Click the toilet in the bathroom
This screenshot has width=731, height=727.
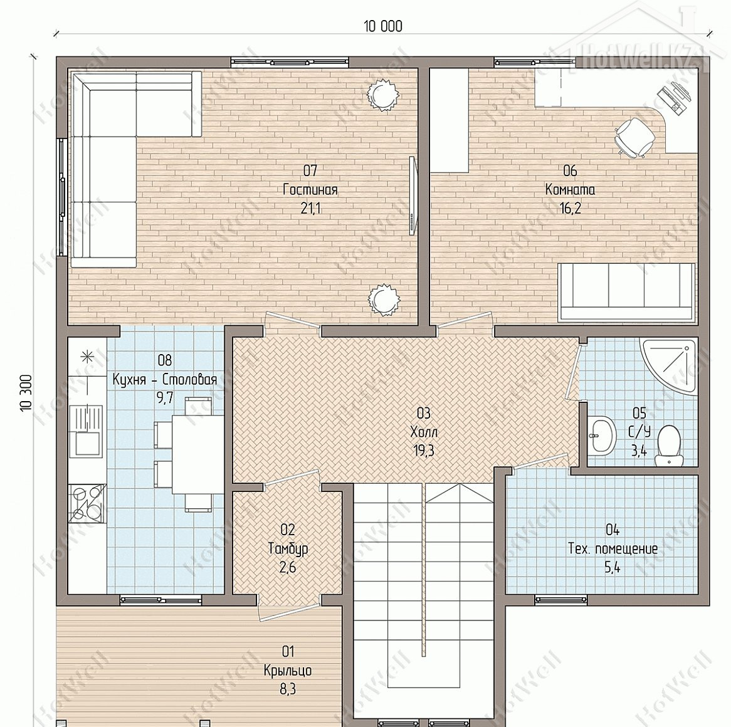pos(669,446)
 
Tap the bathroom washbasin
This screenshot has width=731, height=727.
pos(601,436)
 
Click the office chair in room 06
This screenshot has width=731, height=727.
pos(634,135)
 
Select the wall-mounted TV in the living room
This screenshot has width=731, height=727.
pos(412,196)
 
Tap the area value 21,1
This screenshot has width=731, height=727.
pos(310,208)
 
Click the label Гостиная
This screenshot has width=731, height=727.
pos(310,190)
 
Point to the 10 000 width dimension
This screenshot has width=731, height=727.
pos(383,26)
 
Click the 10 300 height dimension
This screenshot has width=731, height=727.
pos(26,392)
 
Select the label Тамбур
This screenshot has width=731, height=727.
pos(288,549)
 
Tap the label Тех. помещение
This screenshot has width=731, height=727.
pos(613,548)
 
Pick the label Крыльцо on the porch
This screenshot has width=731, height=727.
pos(288,671)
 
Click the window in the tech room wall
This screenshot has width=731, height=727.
pos(561,599)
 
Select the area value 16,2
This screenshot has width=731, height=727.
pos(570,208)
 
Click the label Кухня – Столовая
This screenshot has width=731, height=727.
pos(164,379)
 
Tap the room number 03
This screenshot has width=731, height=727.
pos(423,413)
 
